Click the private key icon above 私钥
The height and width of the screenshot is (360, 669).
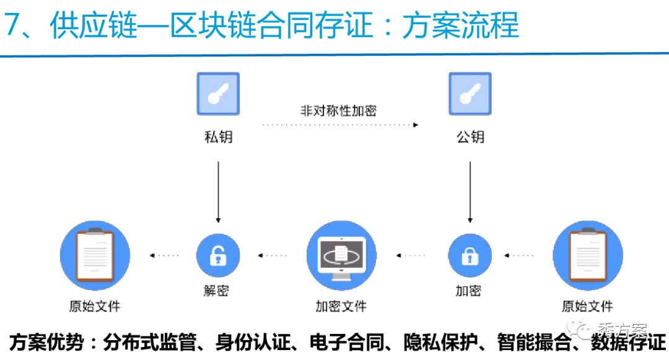[218, 94]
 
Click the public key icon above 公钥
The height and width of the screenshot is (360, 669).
[470, 94]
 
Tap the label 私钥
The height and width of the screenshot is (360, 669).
[218, 136]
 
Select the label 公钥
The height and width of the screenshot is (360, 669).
[470, 136]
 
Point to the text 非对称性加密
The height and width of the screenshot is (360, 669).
[338, 111]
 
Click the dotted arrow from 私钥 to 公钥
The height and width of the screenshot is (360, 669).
[339, 125]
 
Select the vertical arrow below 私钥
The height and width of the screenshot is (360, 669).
[218, 192]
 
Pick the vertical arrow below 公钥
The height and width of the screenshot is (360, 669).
[470, 192]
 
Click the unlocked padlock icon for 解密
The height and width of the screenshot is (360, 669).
[218, 255]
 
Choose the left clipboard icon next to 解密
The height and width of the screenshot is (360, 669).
[95, 255]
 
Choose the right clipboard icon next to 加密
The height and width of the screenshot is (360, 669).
[587, 255]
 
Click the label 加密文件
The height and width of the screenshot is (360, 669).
[341, 306]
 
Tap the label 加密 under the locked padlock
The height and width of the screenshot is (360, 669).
[468, 291]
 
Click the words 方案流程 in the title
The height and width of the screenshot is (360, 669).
[460, 27]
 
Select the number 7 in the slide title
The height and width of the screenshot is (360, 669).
[14, 27]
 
